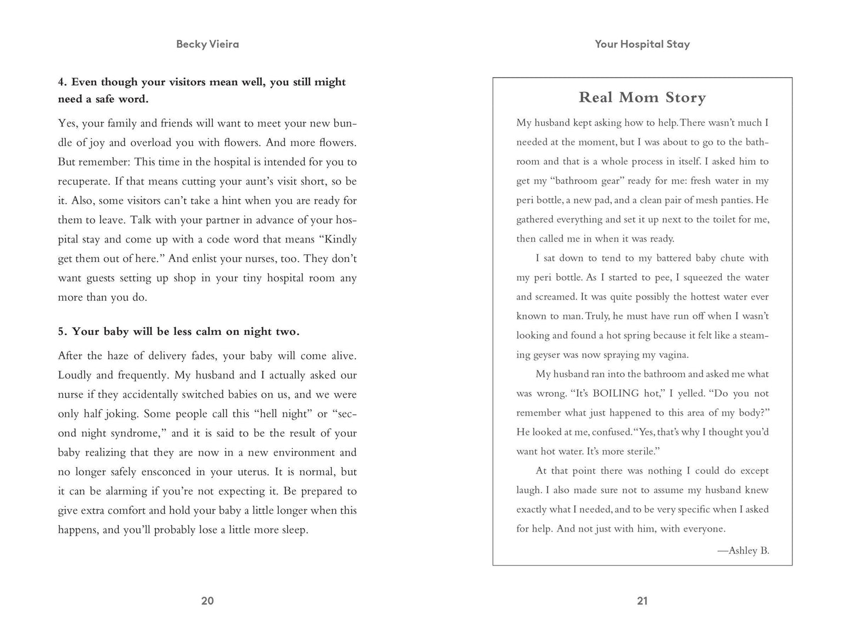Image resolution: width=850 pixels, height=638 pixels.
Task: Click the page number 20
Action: [x=207, y=601]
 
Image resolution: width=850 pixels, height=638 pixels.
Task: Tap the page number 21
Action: [x=642, y=601]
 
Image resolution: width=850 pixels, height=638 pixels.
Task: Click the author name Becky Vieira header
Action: [x=207, y=44]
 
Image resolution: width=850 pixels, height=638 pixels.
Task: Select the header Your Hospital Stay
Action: [x=642, y=44]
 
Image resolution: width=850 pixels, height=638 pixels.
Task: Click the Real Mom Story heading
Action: [x=642, y=98]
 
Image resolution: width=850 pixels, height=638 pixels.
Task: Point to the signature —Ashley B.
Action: [x=743, y=551]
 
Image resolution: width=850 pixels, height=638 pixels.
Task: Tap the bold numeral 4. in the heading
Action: [x=62, y=82]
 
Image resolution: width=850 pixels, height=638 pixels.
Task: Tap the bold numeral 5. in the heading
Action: [x=62, y=332]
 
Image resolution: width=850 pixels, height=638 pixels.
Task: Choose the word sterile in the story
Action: [x=641, y=451]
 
